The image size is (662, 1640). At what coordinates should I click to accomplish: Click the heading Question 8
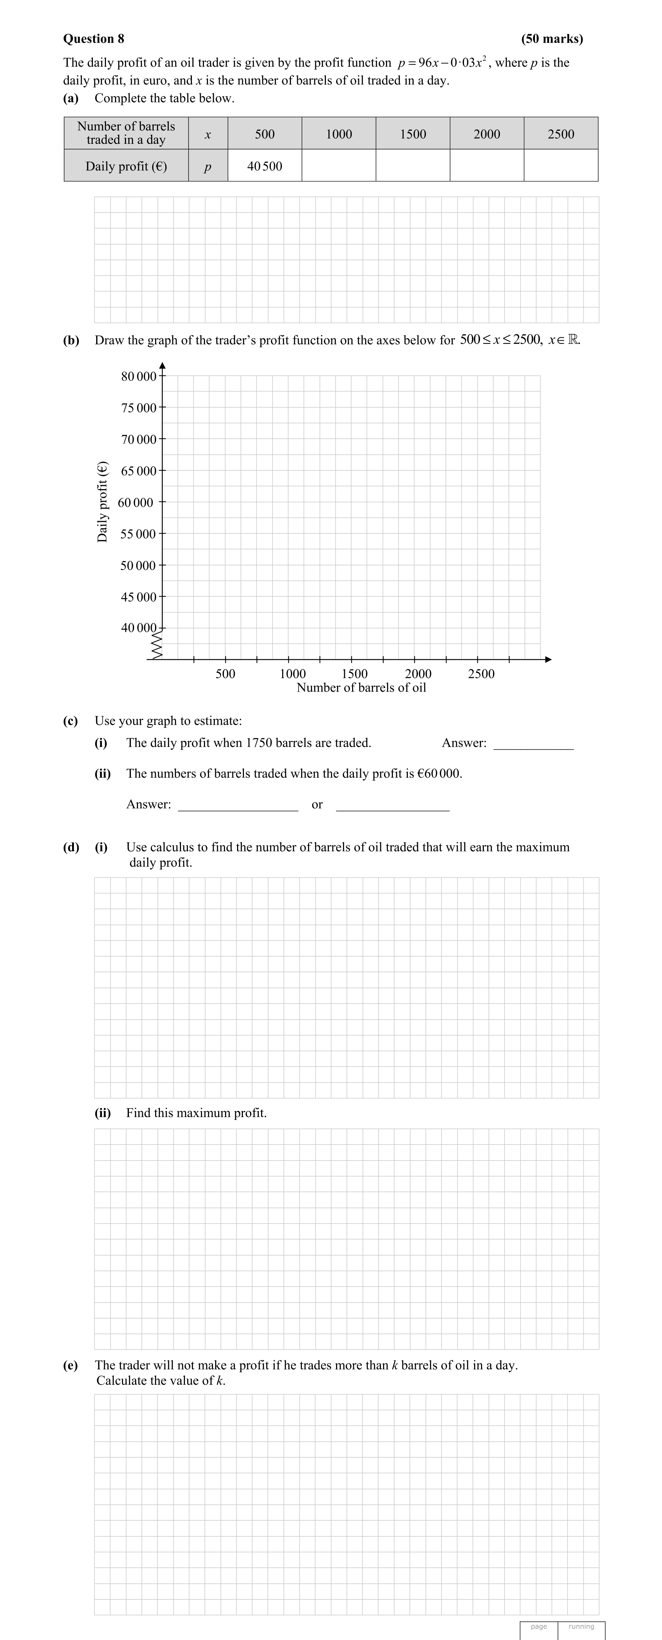click(94, 39)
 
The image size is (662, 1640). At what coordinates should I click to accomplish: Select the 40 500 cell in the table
click(265, 166)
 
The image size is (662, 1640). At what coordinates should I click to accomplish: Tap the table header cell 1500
click(413, 134)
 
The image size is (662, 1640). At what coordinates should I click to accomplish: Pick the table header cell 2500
click(561, 134)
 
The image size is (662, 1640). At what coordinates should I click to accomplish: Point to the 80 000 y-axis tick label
click(138, 376)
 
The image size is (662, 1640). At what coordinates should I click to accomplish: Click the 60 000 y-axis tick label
click(135, 502)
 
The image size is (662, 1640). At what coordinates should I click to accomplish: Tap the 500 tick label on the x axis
click(225, 673)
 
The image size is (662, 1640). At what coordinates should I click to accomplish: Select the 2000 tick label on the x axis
click(418, 673)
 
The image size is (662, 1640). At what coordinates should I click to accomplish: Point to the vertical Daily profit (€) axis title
click(102, 502)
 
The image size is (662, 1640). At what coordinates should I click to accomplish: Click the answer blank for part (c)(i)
click(533, 744)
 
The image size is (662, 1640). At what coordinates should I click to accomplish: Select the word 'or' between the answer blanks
click(317, 805)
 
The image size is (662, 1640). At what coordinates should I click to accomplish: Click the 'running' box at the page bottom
click(581, 1626)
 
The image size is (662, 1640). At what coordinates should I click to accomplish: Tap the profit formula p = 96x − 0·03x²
click(442, 62)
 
